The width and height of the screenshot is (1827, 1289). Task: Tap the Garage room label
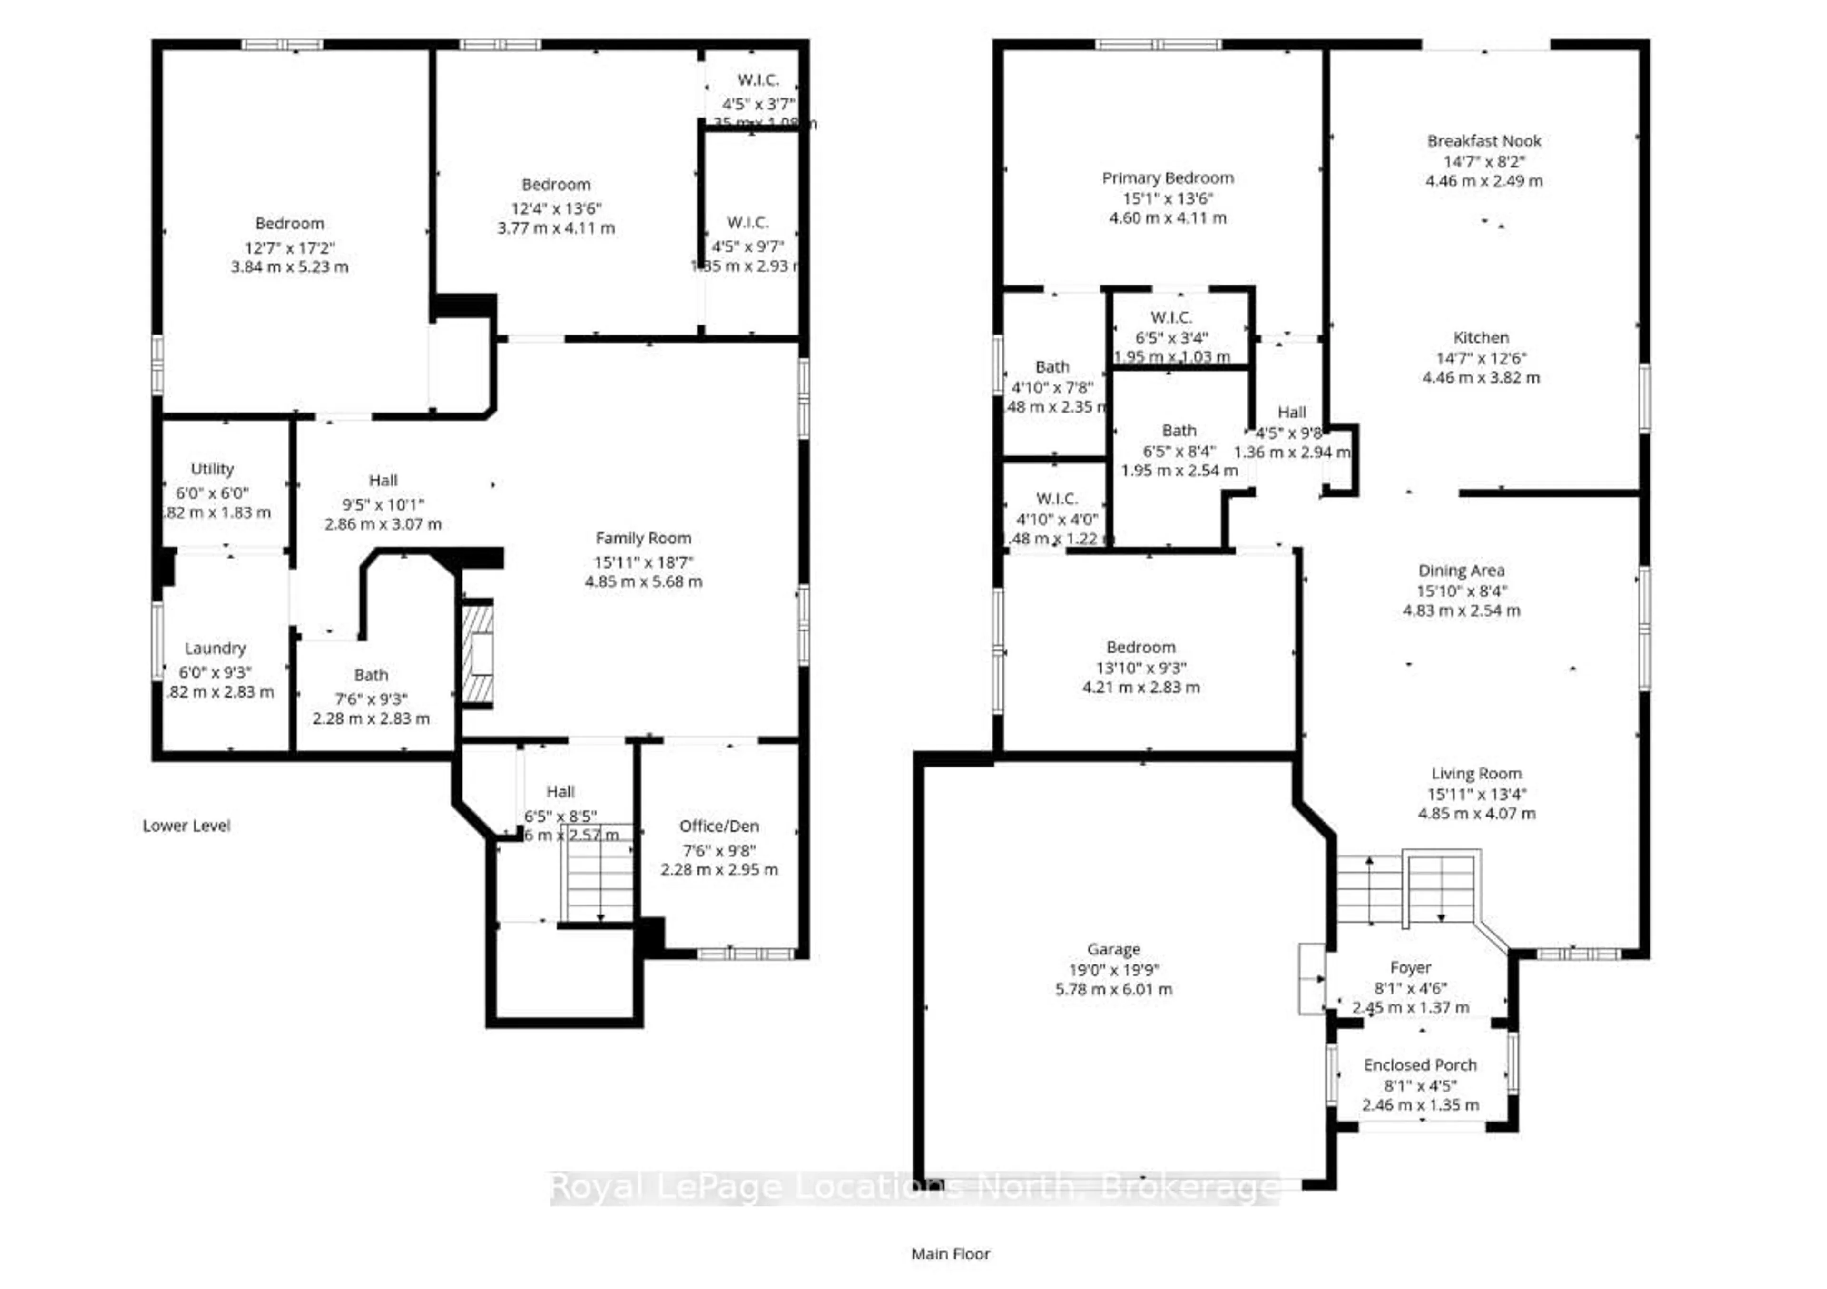coord(1113,949)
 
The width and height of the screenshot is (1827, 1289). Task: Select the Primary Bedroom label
coord(1168,178)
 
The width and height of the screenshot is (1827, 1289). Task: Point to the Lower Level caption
coord(186,826)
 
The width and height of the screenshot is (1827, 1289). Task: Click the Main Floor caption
coord(950,1254)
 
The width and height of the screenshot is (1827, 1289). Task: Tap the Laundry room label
coord(215,649)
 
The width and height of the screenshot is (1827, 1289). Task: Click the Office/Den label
coord(718,826)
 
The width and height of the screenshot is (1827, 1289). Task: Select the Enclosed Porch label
coord(1420,1064)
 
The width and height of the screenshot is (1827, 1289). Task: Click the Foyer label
coord(1410,967)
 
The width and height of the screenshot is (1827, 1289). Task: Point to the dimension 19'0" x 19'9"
coord(1113,970)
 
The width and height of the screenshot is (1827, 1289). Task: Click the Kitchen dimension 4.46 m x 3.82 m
coord(1481,378)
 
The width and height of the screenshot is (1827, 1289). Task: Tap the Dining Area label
coord(1461,571)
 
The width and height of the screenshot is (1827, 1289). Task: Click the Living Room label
coord(1476,773)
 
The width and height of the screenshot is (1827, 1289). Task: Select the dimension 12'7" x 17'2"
coord(290,247)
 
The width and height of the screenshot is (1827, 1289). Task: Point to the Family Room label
coord(643,539)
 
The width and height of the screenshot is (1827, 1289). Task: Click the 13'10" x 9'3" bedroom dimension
coord(1140,669)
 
